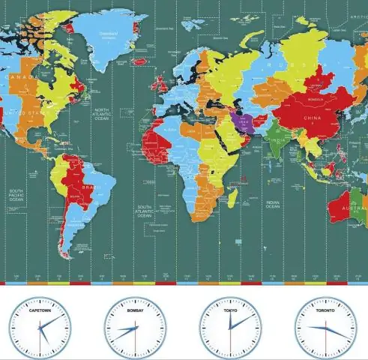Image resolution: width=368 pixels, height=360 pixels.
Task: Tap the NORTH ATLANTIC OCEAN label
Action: coord(102,115)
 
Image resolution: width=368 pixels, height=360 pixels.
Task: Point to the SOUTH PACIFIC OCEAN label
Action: coord(16,196)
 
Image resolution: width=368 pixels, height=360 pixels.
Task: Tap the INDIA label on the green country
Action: coord(277,140)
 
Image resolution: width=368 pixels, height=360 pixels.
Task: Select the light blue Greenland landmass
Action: coord(105,34)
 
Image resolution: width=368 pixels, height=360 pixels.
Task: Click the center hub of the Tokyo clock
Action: coord(231,328)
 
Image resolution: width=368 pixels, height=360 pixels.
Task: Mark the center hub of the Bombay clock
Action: coord(136,328)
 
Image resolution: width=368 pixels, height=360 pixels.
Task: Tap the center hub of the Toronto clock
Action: coord(326,328)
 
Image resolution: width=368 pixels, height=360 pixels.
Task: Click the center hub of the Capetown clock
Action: coord(40,328)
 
